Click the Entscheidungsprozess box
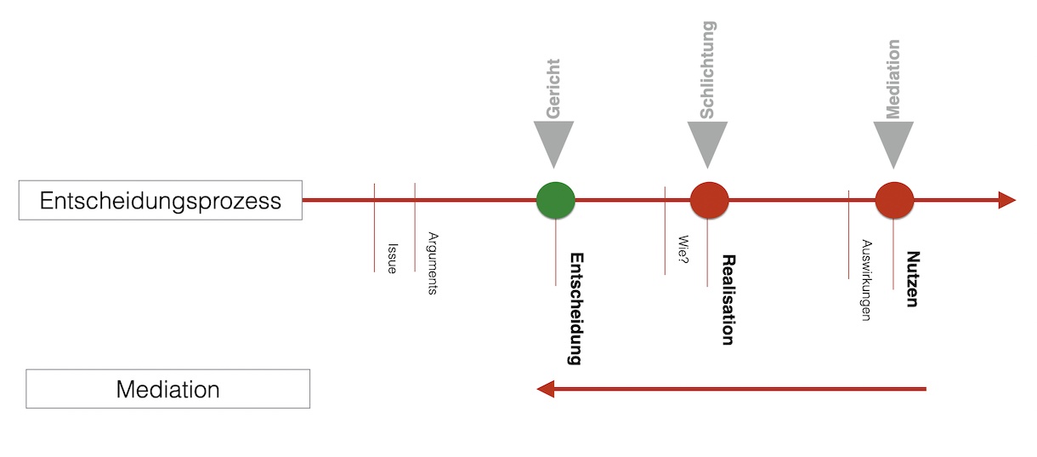pos(161,201)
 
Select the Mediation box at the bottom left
pos(167,389)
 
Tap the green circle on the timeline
pos(556,200)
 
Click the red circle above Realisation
pos(709,200)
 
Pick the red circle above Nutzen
pos(894,200)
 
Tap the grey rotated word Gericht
pos(554,89)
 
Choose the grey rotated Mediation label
pos(892,78)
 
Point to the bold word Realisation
pos(727,299)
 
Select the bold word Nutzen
pos(912,278)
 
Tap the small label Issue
pos(392,256)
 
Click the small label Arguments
pos(433,263)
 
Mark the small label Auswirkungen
pos(866,279)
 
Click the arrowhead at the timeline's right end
pos(1006,200)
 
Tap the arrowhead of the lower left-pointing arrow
pos(546,389)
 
